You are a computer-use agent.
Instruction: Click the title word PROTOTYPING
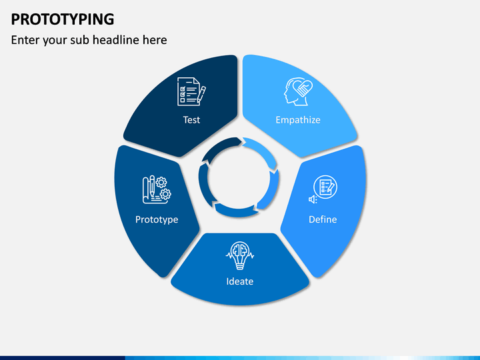coord(62,18)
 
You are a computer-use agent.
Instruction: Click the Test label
coord(191,120)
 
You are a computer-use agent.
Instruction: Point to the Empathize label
coord(298,120)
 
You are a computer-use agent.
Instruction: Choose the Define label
coord(323,219)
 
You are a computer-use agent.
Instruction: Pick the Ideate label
coord(239,281)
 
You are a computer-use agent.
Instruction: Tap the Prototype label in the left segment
coord(157,219)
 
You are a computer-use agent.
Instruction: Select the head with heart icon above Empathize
coord(298,91)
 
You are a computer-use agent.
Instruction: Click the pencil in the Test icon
coord(201,93)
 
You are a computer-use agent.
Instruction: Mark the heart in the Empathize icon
coord(303,88)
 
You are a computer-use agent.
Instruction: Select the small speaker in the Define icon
coord(311,199)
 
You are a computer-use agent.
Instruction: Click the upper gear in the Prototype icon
coord(161,182)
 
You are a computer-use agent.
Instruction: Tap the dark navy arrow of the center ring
coord(218,147)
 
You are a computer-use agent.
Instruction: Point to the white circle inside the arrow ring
coord(239,178)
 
